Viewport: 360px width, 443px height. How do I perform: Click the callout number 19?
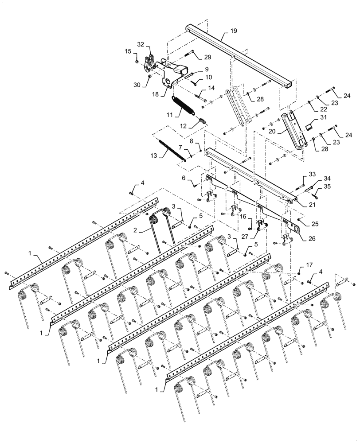pyautogui.click(x=234, y=31)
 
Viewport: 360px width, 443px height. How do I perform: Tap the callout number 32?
pyautogui.click(x=140, y=44)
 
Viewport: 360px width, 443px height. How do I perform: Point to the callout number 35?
pyautogui.click(x=328, y=187)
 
